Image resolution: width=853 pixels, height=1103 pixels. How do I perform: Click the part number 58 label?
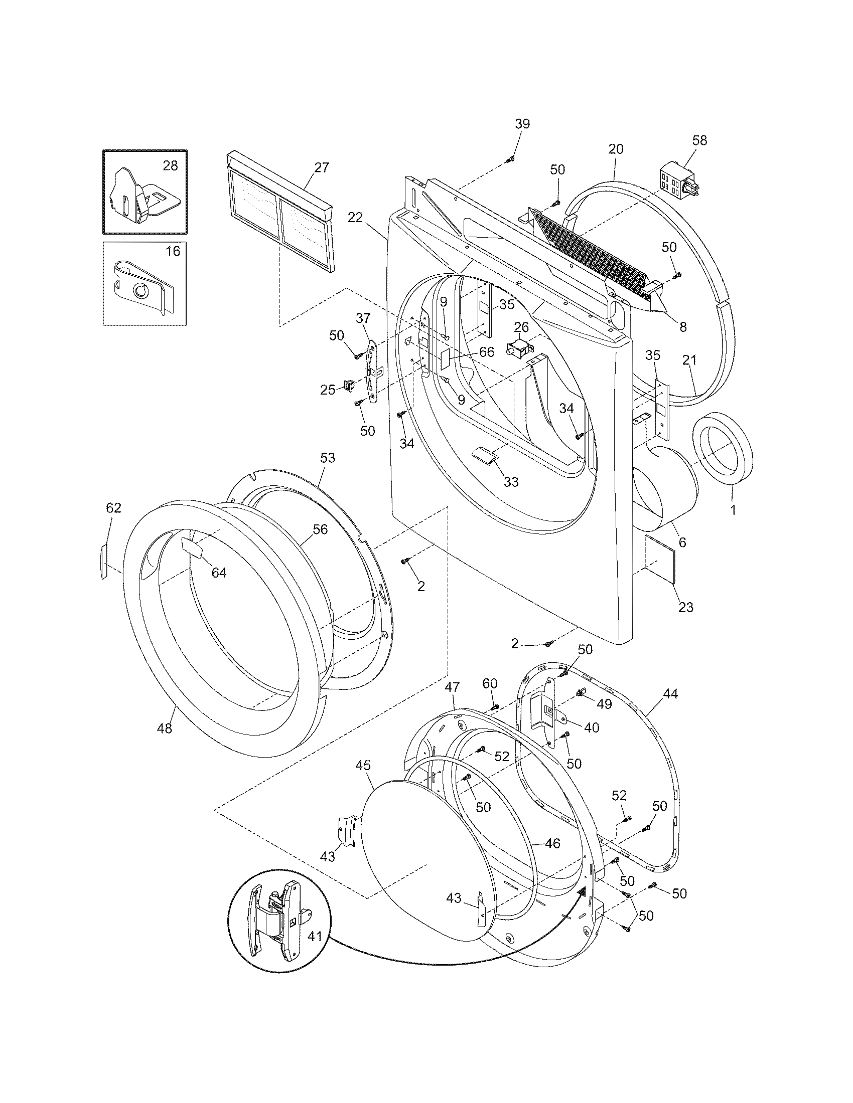[700, 140]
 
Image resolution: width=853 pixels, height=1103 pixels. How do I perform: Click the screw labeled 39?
[510, 159]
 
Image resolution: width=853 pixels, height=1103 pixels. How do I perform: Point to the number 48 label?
[165, 728]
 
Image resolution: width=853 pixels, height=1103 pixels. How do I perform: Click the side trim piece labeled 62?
[104, 561]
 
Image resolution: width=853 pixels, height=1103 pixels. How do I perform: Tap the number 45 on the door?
[363, 766]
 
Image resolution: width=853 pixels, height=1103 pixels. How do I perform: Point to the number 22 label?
[355, 217]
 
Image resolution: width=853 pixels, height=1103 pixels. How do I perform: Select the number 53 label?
[328, 458]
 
